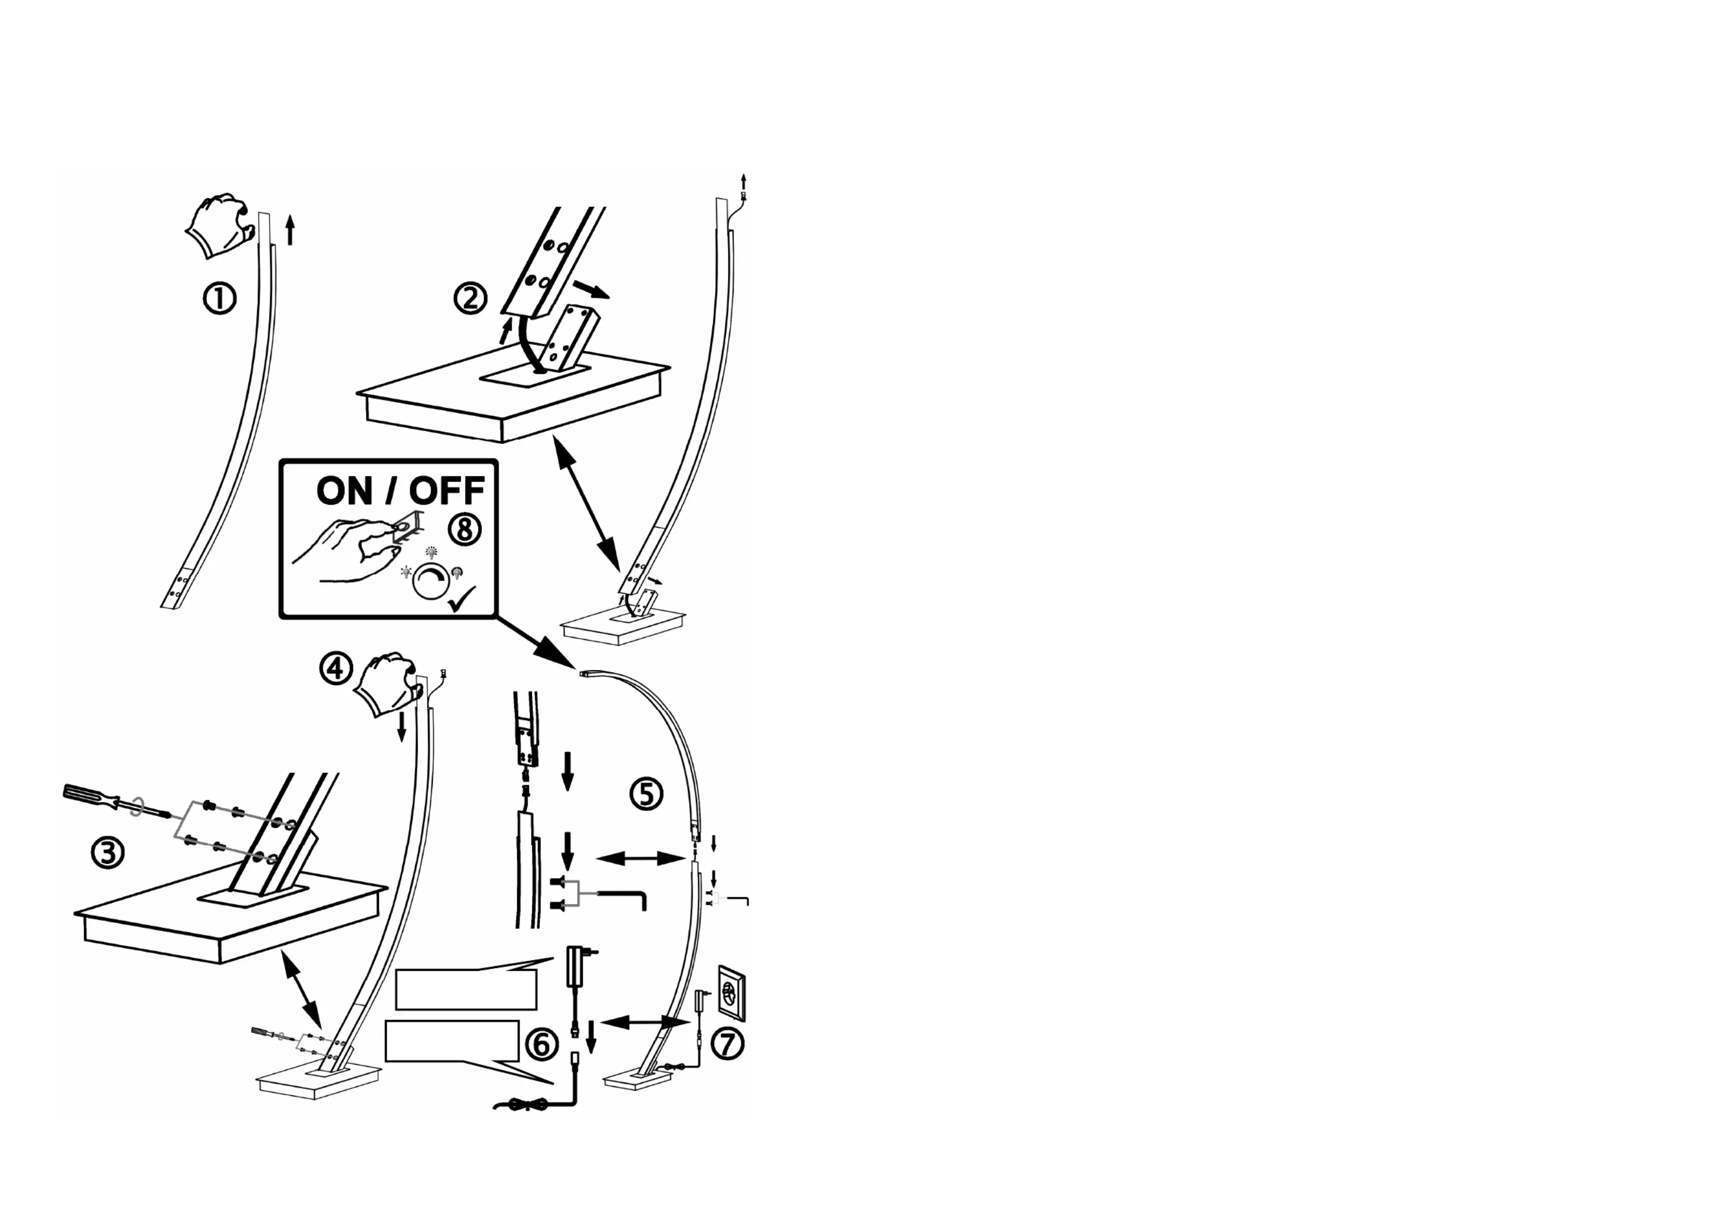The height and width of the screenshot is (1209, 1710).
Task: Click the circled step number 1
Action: click(x=220, y=299)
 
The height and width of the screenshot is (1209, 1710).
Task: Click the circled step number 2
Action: click(x=470, y=299)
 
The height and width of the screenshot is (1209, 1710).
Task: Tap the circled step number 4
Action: click(x=336, y=668)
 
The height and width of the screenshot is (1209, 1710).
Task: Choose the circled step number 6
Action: click(x=542, y=1044)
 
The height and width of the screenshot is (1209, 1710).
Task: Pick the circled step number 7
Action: click(x=727, y=1043)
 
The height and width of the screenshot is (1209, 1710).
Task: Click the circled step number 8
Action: click(x=465, y=529)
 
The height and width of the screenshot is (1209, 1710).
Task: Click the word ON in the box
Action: click(x=344, y=491)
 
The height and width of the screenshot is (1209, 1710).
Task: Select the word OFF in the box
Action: click(x=447, y=491)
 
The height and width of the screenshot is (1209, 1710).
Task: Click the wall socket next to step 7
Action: click(x=731, y=993)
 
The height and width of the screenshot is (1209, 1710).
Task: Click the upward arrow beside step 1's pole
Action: click(x=290, y=230)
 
